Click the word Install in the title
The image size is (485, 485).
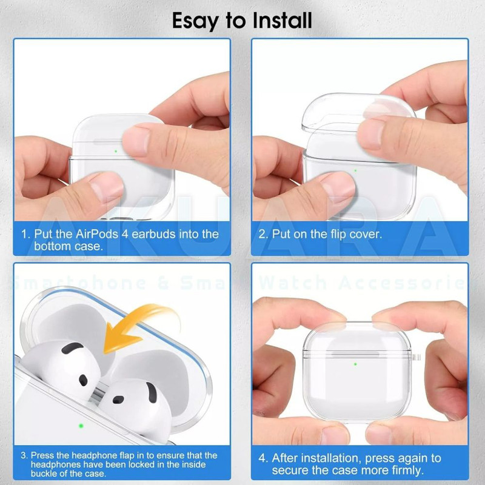tap(283, 21)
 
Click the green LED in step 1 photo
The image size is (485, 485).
tap(116, 151)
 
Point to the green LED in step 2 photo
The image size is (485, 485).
tap(355, 171)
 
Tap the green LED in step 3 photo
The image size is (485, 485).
tap(81, 426)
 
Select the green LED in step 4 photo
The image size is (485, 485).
tap(355, 364)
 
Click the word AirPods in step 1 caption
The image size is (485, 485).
tap(97, 234)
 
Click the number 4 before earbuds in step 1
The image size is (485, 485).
tap(125, 234)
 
